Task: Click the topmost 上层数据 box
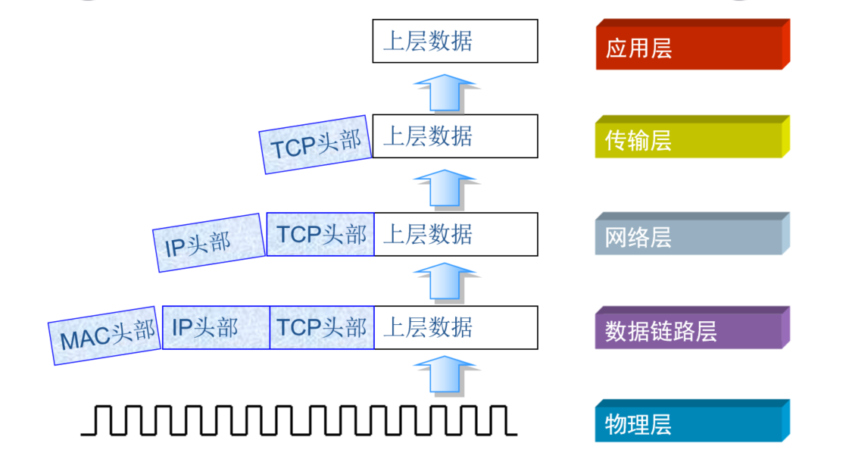point(455,41)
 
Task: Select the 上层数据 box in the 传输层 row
point(455,136)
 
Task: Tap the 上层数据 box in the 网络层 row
point(455,234)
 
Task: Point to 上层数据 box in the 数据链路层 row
point(455,327)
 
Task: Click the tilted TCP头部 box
point(316,145)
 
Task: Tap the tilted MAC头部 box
point(106,335)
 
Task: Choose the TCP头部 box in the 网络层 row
point(320,234)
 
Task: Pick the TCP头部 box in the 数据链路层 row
point(322,327)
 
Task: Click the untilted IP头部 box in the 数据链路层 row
point(216,327)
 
